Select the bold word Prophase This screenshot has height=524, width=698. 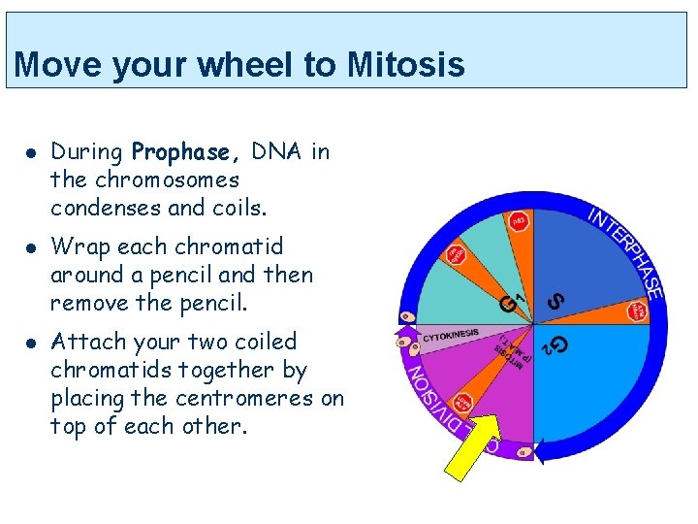[x=181, y=152]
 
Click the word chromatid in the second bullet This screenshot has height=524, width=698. [x=236, y=246]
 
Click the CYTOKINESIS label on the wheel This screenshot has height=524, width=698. [x=450, y=335]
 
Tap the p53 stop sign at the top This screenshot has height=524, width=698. [x=519, y=221]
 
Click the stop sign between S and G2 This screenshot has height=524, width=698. [x=637, y=311]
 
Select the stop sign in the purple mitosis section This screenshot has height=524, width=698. [x=464, y=403]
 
